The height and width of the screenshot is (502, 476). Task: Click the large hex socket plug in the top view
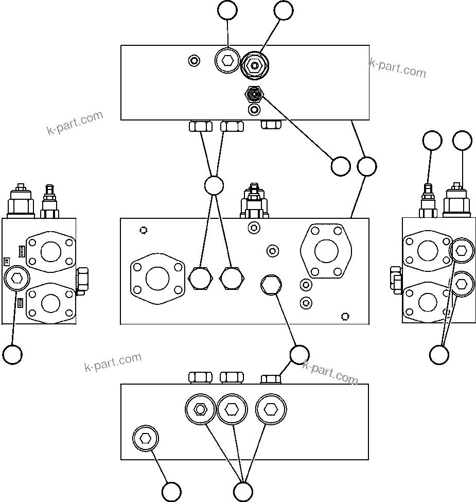[227, 62]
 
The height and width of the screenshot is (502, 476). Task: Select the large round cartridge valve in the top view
[254, 66]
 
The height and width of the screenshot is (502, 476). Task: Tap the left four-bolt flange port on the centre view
[157, 279]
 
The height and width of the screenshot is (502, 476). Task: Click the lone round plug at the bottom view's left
[146, 439]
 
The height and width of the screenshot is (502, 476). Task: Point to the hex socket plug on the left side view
[16, 279]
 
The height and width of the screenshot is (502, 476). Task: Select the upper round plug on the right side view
[461, 251]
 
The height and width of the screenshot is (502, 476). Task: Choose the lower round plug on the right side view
[461, 284]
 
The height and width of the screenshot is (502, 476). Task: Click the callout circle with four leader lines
[214, 186]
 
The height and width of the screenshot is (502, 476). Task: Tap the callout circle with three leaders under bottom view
[243, 491]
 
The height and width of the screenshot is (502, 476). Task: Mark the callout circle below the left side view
[12, 354]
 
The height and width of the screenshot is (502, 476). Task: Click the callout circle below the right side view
[439, 354]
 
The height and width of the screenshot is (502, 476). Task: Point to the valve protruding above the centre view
[254, 202]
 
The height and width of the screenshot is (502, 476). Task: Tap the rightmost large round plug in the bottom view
[271, 409]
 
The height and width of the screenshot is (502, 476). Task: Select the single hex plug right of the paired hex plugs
[271, 285]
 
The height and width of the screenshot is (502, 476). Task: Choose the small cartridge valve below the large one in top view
[254, 94]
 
